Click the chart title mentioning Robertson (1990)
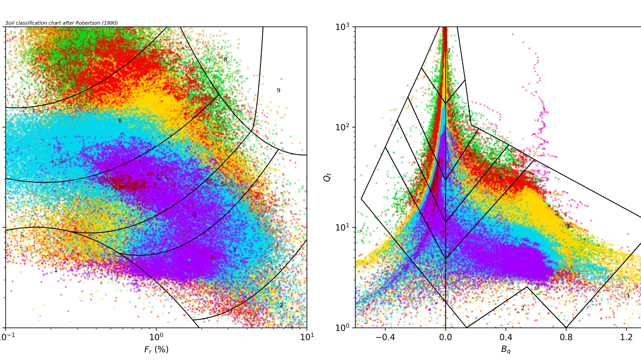click(x=62, y=23)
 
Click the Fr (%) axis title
click(x=156, y=349)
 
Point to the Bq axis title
click(x=506, y=349)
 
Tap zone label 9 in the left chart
click(x=278, y=90)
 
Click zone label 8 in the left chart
click(x=225, y=60)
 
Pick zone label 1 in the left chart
click(x=56, y=270)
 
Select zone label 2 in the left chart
click(x=281, y=305)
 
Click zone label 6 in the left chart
click(x=120, y=121)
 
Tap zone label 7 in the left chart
click(x=59, y=63)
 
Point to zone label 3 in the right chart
click(x=568, y=226)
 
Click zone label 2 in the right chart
click(x=522, y=308)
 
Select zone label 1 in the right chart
click(x=628, y=296)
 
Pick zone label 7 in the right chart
click(x=449, y=51)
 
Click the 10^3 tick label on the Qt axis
click(x=342, y=27)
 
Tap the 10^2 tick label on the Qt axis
click(x=342, y=127)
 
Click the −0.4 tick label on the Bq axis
click(x=385, y=337)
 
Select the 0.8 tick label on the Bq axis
click(x=566, y=337)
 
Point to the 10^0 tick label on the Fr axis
click(x=156, y=337)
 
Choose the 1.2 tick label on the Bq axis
click(x=626, y=337)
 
